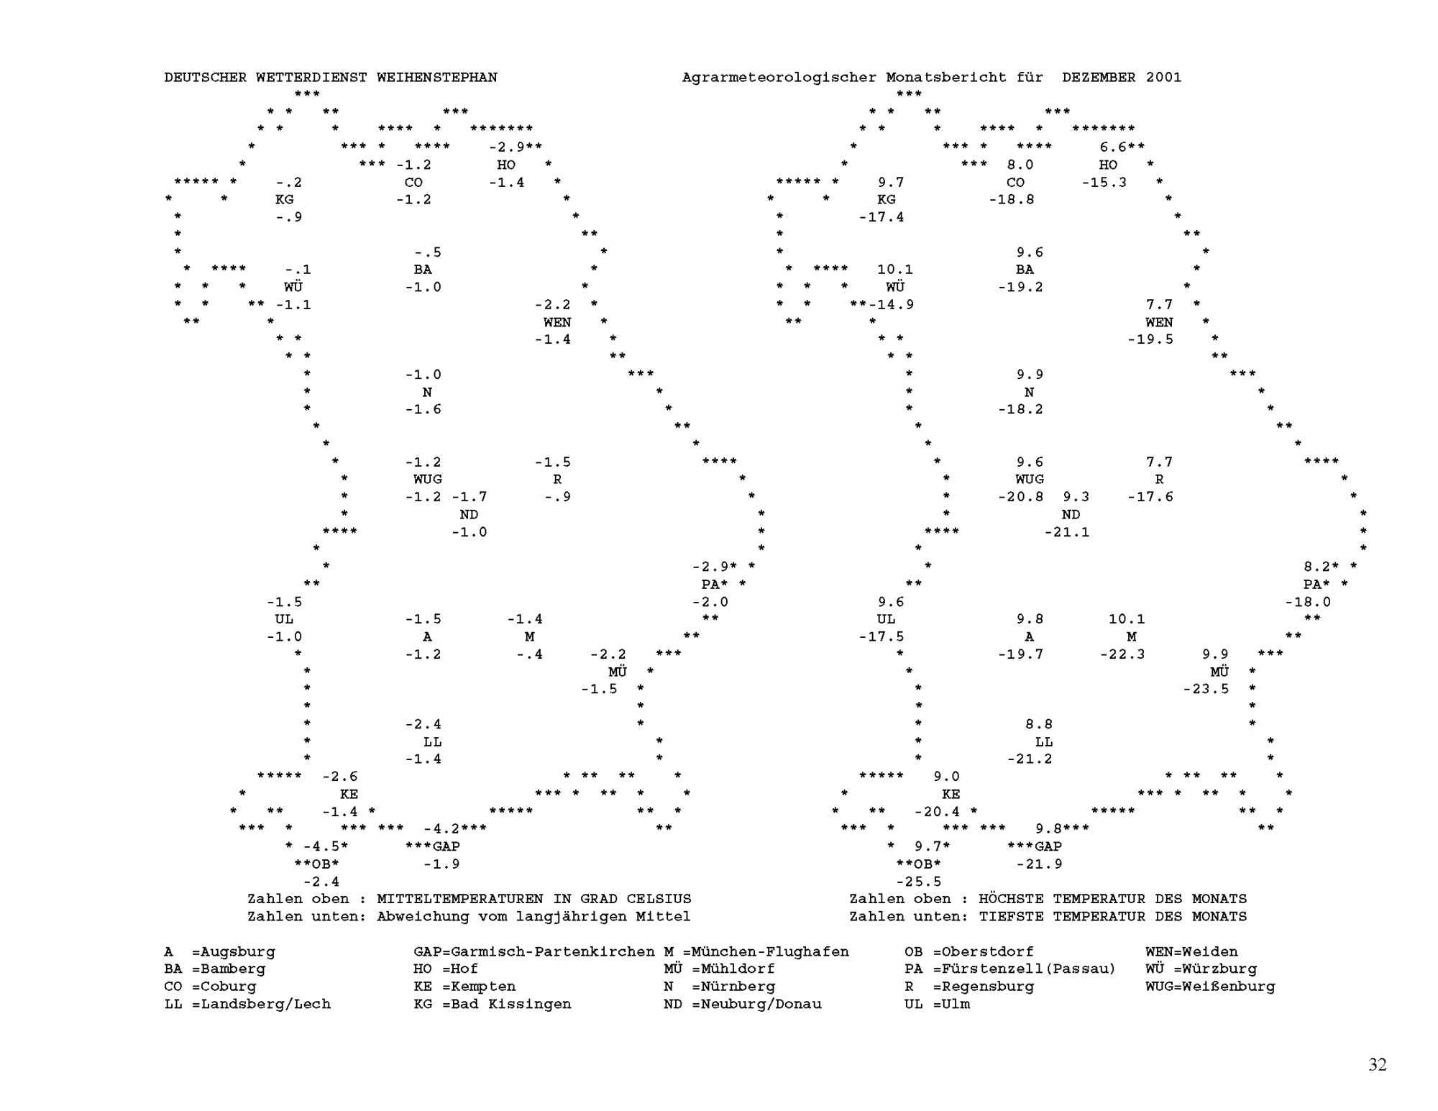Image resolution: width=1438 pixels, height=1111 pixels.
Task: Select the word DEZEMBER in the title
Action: click(1099, 78)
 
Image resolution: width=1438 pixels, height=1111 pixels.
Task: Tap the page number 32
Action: click(1378, 1065)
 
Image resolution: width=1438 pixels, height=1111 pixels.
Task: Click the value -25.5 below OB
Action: click(918, 882)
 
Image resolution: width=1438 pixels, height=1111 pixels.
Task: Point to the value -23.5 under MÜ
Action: click(1206, 689)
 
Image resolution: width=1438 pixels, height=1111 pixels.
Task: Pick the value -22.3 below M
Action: click(1122, 654)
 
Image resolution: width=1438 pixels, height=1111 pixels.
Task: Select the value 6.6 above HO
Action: click(1113, 147)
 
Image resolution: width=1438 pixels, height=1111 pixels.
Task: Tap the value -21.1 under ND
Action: click(1067, 532)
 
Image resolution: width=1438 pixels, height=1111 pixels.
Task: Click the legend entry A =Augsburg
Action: click(220, 953)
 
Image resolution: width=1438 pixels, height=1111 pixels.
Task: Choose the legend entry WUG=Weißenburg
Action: click(1210, 987)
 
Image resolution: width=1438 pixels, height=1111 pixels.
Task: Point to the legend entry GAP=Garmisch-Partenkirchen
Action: click(534, 952)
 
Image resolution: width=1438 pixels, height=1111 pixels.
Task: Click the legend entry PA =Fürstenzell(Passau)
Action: click(1010, 969)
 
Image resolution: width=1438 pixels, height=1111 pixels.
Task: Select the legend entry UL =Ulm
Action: click(937, 1005)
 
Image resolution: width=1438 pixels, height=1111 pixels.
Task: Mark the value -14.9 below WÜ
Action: click(891, 305)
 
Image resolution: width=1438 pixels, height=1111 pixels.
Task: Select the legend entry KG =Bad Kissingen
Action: click(493, 1005)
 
